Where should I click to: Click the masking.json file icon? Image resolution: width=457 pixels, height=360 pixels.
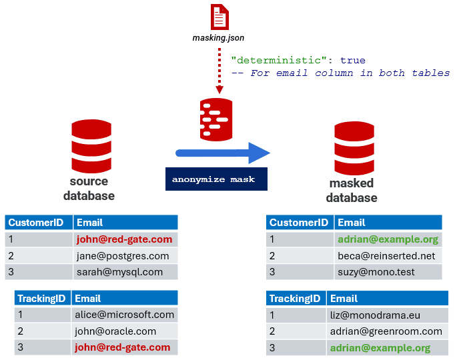point(219,17)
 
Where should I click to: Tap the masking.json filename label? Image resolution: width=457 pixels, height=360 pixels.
point(219,38)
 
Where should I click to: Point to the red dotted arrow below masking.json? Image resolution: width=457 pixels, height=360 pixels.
point(218,70)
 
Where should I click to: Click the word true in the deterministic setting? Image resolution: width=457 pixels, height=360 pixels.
point(352,60)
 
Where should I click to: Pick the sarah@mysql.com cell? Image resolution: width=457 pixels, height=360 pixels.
point(119,271)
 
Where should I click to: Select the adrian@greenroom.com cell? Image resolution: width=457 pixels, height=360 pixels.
point(386,331)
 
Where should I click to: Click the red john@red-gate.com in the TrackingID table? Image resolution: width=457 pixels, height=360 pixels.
point(123,347)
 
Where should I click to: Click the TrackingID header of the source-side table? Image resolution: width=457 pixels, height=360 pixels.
point(42,298)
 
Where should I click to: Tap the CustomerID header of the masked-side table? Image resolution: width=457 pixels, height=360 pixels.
point(299,223)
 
